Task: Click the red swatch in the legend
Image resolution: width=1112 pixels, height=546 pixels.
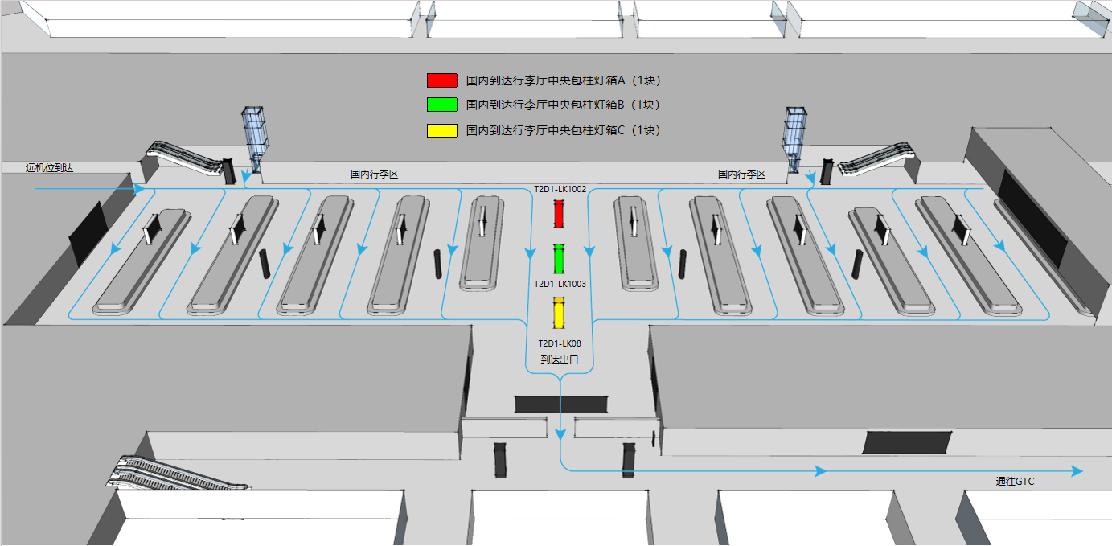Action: (x=441, y=80)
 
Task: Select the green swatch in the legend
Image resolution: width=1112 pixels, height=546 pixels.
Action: (x=441, y=105)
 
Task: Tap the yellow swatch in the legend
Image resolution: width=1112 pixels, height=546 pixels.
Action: (x=441, y=130)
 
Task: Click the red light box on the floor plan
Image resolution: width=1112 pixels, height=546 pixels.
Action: (x=559, y=213)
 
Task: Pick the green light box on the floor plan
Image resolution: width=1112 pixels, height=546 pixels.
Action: (x=559, y=259)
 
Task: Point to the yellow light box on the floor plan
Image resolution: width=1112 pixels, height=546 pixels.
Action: (x=559, y=313)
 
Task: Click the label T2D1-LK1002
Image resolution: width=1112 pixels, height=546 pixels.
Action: (x=560, y=189)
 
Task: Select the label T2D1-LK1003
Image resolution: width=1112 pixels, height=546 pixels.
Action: (x=560, y=284)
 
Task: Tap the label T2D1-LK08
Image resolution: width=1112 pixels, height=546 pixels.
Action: (x=560, y=343)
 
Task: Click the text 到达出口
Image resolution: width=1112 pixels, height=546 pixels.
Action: (x=560, y=360)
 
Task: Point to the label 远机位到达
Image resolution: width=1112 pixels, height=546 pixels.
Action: (x=49, y=168)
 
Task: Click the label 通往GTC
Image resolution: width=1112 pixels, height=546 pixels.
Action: (x=1015, y=481)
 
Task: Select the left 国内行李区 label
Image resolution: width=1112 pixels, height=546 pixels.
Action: (x=375, y=174)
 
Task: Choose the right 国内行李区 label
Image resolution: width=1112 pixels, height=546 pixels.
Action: (x=741, y=174)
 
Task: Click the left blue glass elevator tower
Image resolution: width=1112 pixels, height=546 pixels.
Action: (x=255, y=139)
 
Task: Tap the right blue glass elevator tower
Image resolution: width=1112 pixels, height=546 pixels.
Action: (x=794, y=140)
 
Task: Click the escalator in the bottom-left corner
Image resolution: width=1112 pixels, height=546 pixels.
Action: (x=174, y=473)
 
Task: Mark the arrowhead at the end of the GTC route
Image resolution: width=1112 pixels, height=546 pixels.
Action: (x=1077, y=471)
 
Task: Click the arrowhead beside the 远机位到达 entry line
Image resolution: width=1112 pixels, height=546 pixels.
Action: (x=139, y=189)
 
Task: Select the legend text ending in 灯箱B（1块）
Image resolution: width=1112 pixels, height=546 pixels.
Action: (x=563, y=105)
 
